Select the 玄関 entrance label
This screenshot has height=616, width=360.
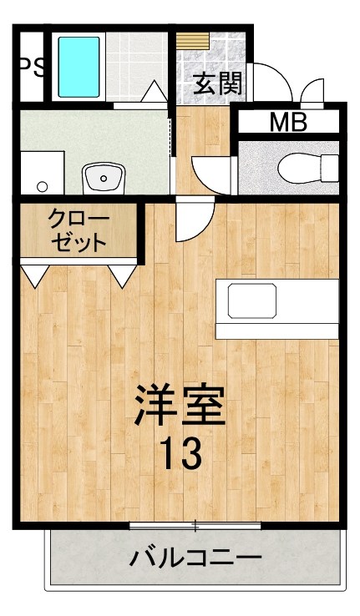click(219, 83)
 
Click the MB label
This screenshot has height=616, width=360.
click(288, 123)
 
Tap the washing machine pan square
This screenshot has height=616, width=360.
click(41, 172)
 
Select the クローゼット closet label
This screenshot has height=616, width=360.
click(79, 231)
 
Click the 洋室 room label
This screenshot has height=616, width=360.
click(180, 406)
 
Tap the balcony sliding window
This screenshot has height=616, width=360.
click(195, 525)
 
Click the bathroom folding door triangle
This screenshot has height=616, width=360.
click(154, 93)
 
